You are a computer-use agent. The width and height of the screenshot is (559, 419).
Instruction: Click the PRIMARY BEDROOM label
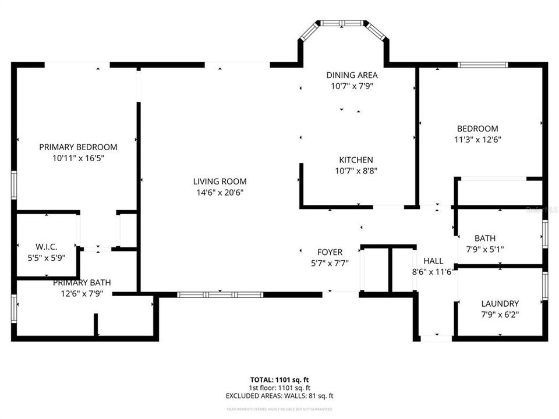pyautogui.click(x=78, y=147)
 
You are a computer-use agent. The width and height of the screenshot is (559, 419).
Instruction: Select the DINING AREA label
pyautogui.click(x=352, y=75)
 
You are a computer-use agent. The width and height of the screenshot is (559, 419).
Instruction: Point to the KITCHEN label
pyautogui.click(x=356, y=160)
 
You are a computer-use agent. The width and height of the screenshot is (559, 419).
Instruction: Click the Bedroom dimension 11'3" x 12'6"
pyautogui.click(x=477, y=140)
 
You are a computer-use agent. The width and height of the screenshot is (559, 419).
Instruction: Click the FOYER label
pyautogui.click(x=330, y=252)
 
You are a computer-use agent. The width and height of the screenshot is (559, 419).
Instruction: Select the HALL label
pyautogui.click(x=433, y=261)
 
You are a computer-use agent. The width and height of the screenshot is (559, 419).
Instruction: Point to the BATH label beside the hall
pyautogui.click(x=485, y=238)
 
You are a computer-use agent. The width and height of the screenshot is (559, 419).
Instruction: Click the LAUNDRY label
pyautogui.click(x=500, y=304)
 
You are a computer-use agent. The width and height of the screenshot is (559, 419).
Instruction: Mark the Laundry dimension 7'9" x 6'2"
pyautogui.click(x=500, y=314)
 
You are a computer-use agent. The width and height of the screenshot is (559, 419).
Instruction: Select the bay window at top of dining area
pyautogui.click(x=342, y=24)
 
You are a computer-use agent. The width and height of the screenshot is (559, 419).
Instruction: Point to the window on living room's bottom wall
pyautogui.click(x=220, y=294)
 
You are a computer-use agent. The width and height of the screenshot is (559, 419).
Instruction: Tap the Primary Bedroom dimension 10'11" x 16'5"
pyautogui.click(x=78, y=158)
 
